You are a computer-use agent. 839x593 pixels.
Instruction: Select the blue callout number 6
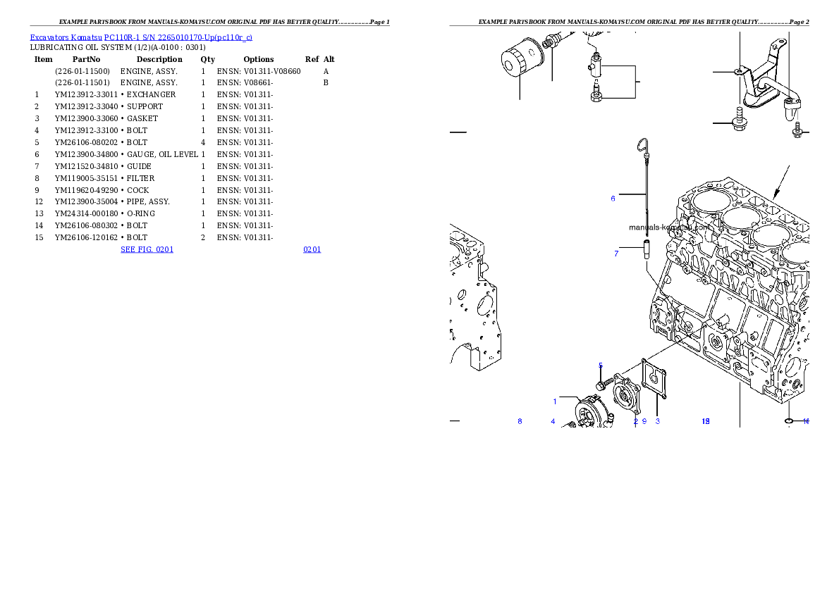point(613,199)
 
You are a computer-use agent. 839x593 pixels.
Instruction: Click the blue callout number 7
point(616,254)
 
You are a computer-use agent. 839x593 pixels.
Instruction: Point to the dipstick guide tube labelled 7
point(645,250)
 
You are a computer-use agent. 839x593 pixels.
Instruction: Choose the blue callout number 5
point(601,365)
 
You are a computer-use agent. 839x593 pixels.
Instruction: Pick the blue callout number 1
point(555,401)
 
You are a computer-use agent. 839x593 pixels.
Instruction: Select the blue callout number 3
point(657,421)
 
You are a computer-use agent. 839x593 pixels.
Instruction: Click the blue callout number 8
point(520,421)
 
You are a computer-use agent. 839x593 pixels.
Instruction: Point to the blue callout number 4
point(553,421)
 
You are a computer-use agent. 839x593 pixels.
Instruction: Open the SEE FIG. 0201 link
point(147,249)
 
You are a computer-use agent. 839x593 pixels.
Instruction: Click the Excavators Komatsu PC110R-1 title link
point(141,37)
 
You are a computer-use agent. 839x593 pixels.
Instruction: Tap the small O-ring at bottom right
point(790,421)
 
